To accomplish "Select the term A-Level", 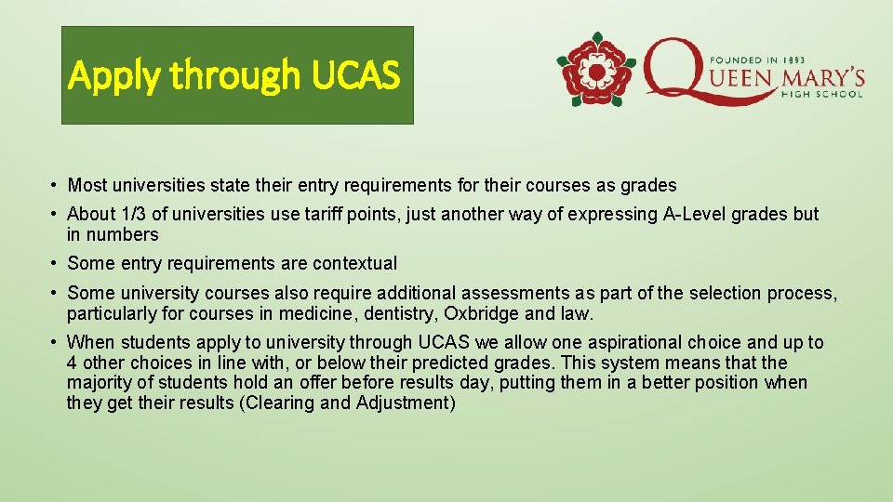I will (696, 215).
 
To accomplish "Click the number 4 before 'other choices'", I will (73, 363).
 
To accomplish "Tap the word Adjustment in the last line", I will (405, 403).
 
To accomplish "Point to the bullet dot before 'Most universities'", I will (57, 186).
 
